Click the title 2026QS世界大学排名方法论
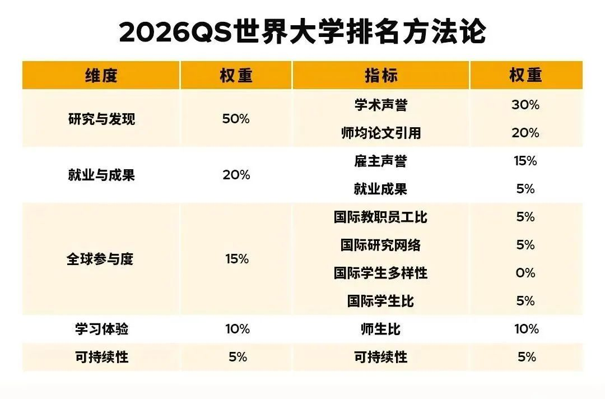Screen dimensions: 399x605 [302, 32]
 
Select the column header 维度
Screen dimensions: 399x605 [101, 76]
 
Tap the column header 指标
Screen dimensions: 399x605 [381, 76]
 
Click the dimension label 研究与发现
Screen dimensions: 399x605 [101, 119]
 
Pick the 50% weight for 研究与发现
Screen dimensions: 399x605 [236, 119]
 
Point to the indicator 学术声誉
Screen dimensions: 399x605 [381, 105]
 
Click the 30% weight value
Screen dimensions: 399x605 [525, 105]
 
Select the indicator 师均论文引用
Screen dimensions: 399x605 [381, 133]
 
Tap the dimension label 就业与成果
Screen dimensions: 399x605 [101, 175]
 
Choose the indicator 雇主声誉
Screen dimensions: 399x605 [381, 161]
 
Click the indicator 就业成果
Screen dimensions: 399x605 [381, 189]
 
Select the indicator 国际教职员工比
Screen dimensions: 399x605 [381, 217]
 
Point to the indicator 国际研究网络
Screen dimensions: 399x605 [381, 245]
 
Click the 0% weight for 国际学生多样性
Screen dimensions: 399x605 [525, 273]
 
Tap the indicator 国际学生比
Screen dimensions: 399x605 [381, 301]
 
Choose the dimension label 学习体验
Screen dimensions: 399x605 [101, 329]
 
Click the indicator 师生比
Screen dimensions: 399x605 [381, 329]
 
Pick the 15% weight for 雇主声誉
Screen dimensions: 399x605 [525, 161]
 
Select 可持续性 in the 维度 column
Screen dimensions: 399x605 [101, 357]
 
